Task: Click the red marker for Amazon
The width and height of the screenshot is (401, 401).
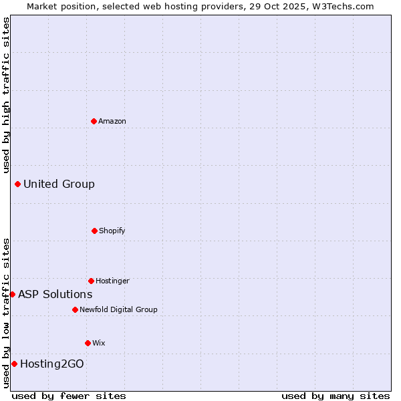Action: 94,121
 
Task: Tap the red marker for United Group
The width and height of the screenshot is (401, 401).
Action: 17,184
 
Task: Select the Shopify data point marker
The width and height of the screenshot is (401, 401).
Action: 94,231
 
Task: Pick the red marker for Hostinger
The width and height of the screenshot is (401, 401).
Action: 91,281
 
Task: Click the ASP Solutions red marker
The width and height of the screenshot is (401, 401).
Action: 12,294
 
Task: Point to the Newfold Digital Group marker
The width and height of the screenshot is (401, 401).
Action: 75,309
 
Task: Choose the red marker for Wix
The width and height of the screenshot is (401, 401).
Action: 88,343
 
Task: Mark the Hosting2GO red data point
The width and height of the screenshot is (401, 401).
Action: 14,364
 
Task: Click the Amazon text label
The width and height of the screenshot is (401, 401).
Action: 112,121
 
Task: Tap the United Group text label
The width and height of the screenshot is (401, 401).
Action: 59,184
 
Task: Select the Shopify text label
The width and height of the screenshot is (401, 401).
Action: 112,231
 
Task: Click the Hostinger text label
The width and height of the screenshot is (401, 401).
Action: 112,281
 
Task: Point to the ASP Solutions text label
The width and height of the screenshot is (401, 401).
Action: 55,294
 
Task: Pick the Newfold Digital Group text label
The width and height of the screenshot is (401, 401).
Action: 118,309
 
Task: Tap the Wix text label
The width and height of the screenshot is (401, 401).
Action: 99,343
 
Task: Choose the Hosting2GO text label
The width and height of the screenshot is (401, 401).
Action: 52,364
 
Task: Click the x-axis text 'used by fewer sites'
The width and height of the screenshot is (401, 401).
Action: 69,396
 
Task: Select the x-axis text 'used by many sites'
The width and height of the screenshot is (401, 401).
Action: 336,396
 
